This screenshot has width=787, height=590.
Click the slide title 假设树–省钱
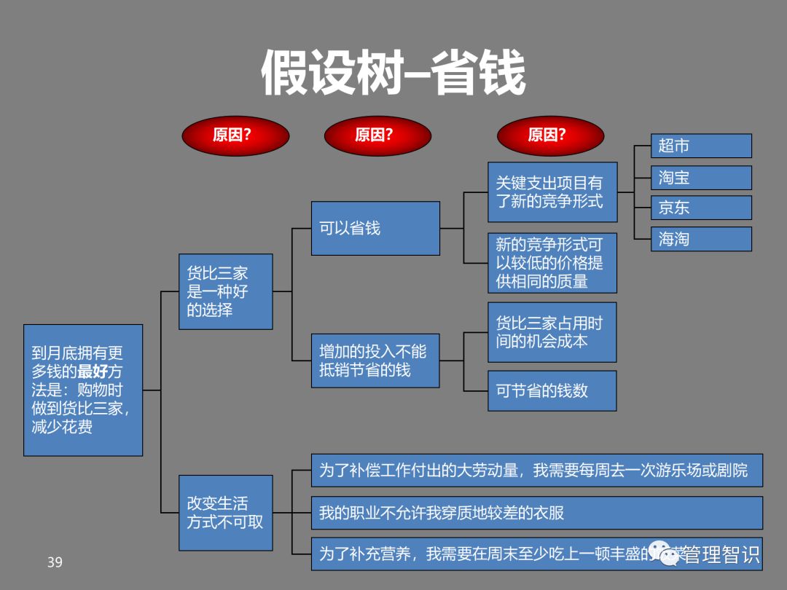pos(393,73)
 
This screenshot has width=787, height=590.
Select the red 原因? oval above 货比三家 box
pos(235,136)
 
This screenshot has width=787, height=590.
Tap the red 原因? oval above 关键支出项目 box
pos(550,136)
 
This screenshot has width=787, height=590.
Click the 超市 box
pos(700,146)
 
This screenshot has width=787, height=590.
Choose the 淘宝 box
pos(700,178)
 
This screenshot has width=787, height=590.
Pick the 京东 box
pos(700,208)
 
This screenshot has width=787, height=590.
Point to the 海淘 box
pos(700,239)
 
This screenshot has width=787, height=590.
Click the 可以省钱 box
pos(375,228)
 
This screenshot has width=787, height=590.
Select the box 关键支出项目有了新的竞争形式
pos(552,192)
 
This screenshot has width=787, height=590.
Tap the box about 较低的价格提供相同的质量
pos(552,263)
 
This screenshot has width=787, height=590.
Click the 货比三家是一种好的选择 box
pos(226,291)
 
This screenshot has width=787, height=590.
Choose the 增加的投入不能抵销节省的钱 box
pos(375,361)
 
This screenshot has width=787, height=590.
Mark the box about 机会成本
pos(552,332)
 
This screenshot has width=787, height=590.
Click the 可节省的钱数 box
pos(552,390)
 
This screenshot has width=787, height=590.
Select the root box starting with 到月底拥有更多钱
pos(83,390)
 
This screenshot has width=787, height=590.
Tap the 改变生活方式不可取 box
pos(226,513)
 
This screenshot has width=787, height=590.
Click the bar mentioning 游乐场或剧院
pos(536,471)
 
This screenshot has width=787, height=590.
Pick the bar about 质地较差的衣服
pos(536,513)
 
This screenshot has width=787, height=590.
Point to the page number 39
pos(55,562)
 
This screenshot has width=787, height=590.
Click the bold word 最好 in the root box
pos(93,372)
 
